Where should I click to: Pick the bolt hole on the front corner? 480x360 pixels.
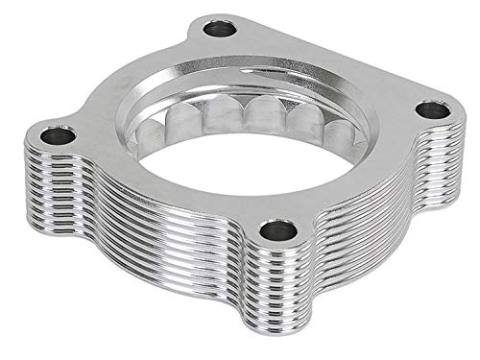tap(279, 229)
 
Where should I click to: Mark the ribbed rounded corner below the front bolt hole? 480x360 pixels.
tap(278, 288)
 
